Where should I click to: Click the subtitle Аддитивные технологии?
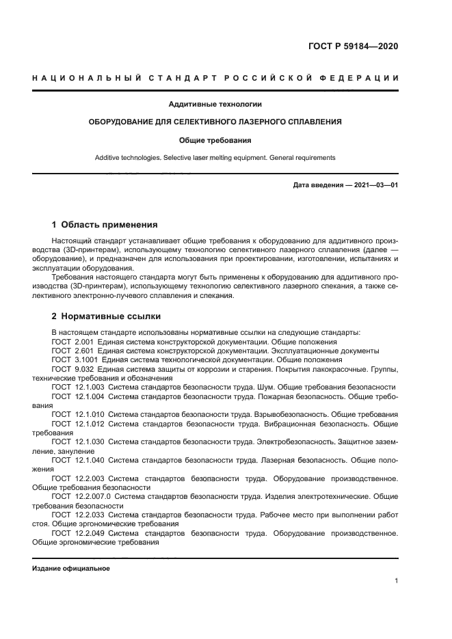click(x=215, y=105)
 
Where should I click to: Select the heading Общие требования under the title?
click(x=215, y=140)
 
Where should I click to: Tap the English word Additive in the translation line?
click(x=110, y=157)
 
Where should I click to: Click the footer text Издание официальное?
click(x=71, y=569)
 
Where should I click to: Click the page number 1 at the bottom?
click(x=397, y=581)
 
